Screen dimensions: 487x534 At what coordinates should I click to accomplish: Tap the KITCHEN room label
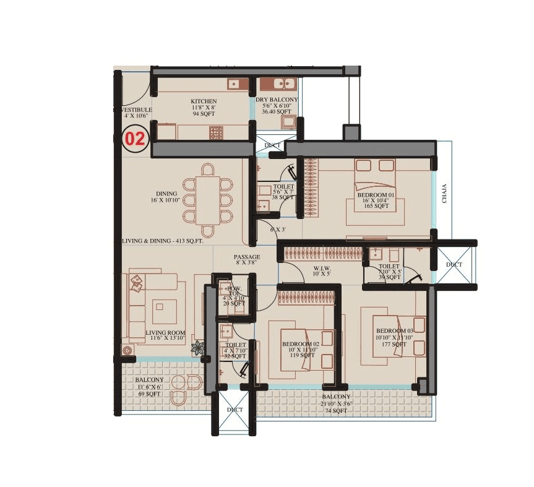pyautogui.click(x=203, y=101)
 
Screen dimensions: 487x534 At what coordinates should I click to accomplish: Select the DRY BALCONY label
pyautogui.click(x=277, y=100)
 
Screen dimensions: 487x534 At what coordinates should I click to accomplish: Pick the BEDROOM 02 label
pyautogui.click(x=300, y=344)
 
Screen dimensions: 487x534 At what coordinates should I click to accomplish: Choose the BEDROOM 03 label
pyautogui.click(x=394, y=330)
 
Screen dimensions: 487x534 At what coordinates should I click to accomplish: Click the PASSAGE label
pyautogui.click(x=246, y=257)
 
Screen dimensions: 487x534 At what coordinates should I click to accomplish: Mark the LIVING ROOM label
pyautogui.click(x=165, y=333)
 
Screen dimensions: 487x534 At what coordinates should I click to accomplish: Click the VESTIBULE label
pyautogui.click(x=134, y=110)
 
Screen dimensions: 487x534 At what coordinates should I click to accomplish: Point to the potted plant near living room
pyautogui.click(x=198, y=348)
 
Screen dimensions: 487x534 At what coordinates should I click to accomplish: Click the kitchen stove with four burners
pyautogui.click(x=216, y=132)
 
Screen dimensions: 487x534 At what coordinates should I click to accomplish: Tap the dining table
pyautogui.click(x=207, y=199)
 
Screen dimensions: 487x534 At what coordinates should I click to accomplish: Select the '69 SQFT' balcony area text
pyautogui.click(x=149, y=394)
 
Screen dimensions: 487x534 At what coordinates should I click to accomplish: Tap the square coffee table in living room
pyautogui.click(x=165, y=308)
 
